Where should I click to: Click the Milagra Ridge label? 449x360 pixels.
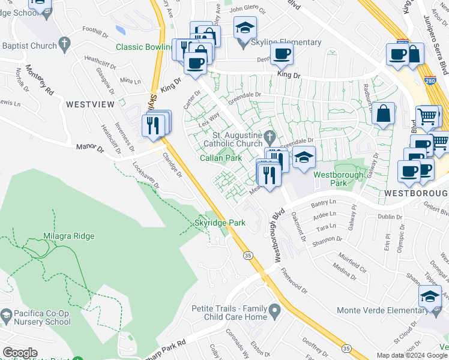click(x=68, y=236)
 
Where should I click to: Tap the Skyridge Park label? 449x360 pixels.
click(x=220, y=223)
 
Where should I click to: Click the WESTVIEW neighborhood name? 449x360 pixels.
click(x=90, y=104)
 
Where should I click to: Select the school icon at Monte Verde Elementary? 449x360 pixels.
click(x=429, y=298)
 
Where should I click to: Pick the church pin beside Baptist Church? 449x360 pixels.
click(x=65, y=44)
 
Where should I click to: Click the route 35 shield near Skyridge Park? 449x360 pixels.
click(x=247, y=256)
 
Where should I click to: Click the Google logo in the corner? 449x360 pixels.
click(x=20, y=353)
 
